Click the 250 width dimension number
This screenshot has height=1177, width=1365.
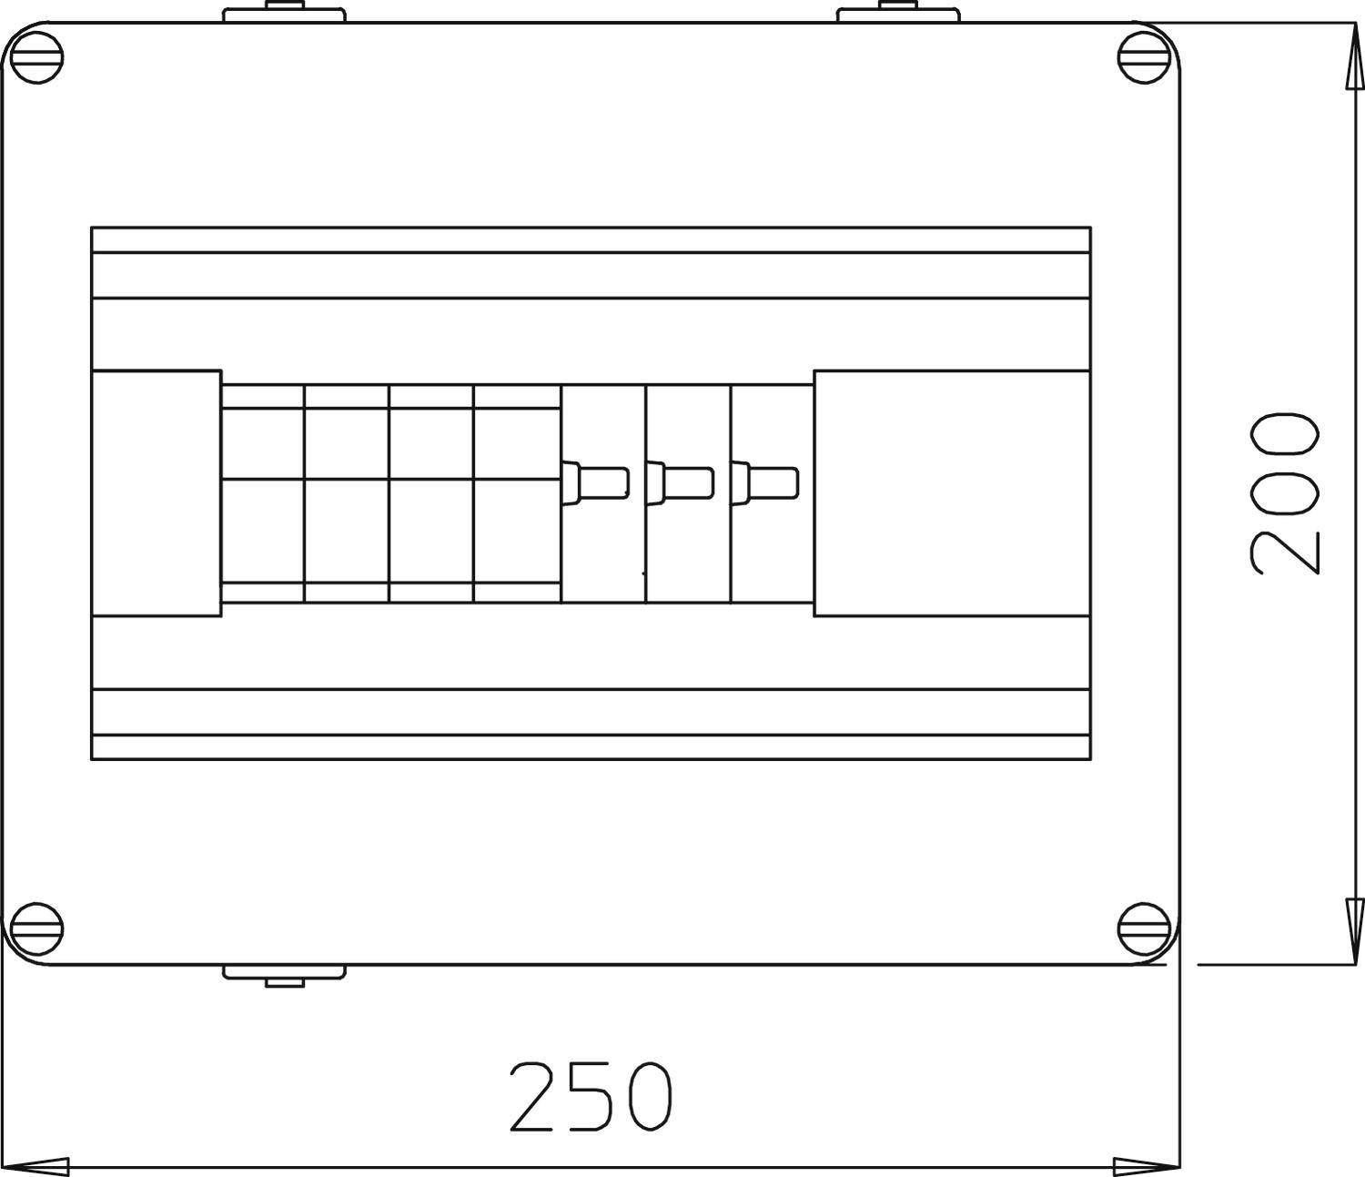[591, 1095]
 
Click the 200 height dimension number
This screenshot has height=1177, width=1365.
[1284, 494]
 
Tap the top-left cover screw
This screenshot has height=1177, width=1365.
[37, 59]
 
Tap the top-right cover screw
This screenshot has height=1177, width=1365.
[1143, 59]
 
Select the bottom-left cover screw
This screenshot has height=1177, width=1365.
[37, 927]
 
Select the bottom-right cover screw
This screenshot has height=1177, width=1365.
[1143, 927]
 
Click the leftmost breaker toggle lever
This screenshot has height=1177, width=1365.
[597, 482]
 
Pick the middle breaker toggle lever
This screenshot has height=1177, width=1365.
[681, 482]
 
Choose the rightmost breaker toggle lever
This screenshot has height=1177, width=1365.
[765, 482]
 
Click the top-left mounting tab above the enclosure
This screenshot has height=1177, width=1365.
[285, 14]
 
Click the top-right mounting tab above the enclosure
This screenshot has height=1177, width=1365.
[898, 14]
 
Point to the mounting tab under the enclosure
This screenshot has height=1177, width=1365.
[285, 974]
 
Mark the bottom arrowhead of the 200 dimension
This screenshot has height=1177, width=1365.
[1354, 919]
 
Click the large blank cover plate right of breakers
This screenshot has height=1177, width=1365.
[951, 492]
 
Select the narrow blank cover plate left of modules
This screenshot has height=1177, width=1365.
[157, 492]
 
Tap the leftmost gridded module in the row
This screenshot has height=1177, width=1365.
[263, 492]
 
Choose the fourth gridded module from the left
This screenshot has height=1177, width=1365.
[517, 492]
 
